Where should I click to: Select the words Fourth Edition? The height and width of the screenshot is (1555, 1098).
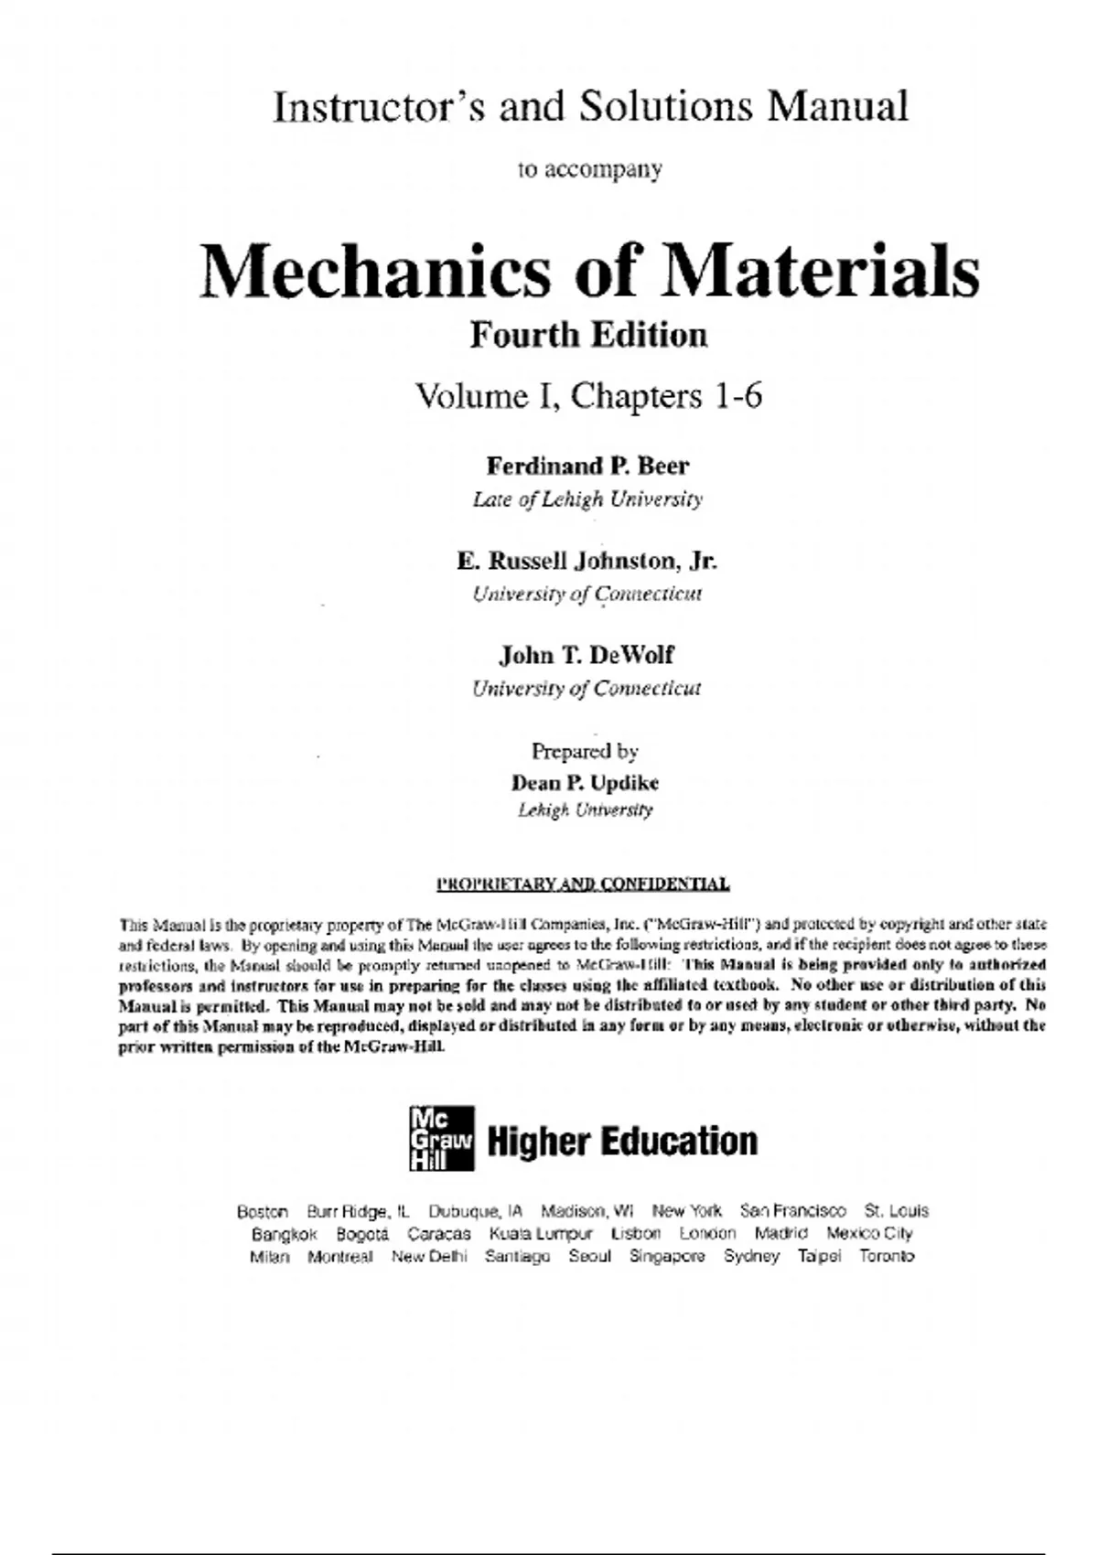(588, 335)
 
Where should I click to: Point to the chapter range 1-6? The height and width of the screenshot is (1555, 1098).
(737, 396)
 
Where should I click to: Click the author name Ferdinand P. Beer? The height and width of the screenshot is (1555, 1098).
(587, 466)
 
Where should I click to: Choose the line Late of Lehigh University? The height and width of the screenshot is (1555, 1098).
(587, 499)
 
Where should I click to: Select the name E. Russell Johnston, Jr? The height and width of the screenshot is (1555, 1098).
(587, 560)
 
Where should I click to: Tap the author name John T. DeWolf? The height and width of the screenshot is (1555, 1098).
(587, 655)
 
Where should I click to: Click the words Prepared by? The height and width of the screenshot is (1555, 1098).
(585, 751)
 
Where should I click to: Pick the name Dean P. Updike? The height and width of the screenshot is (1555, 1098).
(585, 783)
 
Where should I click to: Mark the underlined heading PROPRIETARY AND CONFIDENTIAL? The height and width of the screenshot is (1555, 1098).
(583, 885)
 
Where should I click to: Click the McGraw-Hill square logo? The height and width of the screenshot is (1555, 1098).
(441, 1138)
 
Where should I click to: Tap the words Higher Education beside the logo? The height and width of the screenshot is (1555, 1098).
(622, 1141)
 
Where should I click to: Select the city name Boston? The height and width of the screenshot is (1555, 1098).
(263, 1211)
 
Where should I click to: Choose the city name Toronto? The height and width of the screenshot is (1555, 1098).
(887, 1256)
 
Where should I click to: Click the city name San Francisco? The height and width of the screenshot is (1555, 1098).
(793, 1211)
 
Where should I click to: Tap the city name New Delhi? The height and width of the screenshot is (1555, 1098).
(429, 1256)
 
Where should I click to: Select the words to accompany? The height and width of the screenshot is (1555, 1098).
(590, 169)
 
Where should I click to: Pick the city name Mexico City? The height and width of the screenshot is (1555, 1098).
(869, 1233)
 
